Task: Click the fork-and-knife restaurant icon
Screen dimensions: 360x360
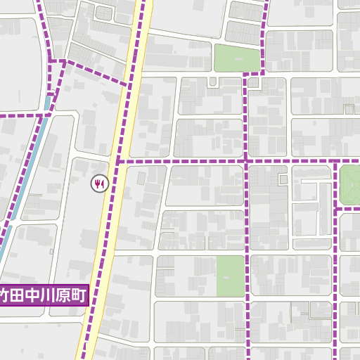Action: pos(98,184)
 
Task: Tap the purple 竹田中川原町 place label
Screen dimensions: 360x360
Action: pos(44,295)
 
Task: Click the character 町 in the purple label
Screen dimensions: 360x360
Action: pos(78,295)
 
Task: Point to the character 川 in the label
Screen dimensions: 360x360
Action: pos(50,295)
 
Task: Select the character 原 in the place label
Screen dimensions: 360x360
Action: pos(64,295)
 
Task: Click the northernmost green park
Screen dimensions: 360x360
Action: pos(236,58)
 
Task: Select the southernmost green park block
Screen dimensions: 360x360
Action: pos(229,276)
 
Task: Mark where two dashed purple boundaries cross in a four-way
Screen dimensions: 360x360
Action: pos(247,162)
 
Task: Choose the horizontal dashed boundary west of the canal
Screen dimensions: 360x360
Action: pos(21,113)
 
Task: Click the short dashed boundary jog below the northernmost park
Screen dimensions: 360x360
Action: pos(253,74)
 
